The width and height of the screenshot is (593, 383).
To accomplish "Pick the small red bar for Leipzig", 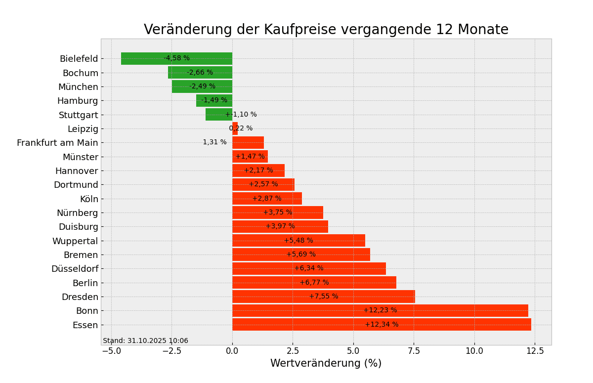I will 235,128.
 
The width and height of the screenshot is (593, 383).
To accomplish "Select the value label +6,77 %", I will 314,283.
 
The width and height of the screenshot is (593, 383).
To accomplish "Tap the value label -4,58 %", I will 176,58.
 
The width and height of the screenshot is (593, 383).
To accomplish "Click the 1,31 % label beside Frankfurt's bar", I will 214,142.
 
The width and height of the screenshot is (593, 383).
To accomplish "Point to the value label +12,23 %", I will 380,310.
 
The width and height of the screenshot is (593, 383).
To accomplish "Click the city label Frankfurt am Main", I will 57,143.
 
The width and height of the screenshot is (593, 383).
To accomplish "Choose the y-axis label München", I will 78,87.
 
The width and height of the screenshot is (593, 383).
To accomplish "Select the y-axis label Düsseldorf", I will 75,269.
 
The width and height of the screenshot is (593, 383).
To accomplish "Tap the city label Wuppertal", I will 75,241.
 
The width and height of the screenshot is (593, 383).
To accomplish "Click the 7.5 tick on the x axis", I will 414,351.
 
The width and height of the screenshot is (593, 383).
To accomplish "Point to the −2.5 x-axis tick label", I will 171,351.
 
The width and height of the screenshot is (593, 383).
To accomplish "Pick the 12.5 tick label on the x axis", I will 535,351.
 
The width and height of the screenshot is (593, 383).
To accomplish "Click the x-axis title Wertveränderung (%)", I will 326,364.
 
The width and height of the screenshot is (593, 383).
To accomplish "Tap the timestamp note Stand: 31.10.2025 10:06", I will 145,341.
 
